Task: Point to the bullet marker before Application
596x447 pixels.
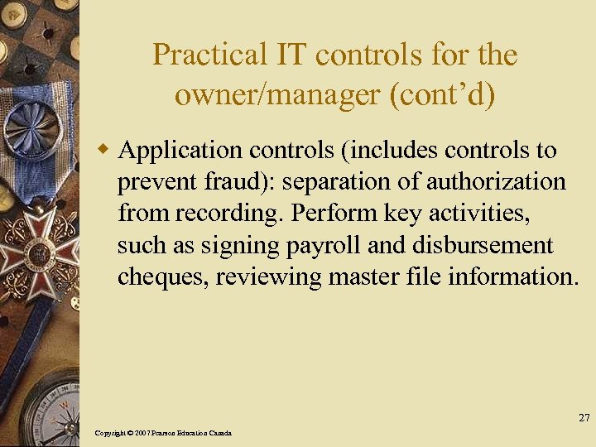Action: tap(104, 151)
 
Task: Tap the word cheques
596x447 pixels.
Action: tap(161, 276)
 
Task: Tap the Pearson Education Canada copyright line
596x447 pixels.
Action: tap(163, 433)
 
